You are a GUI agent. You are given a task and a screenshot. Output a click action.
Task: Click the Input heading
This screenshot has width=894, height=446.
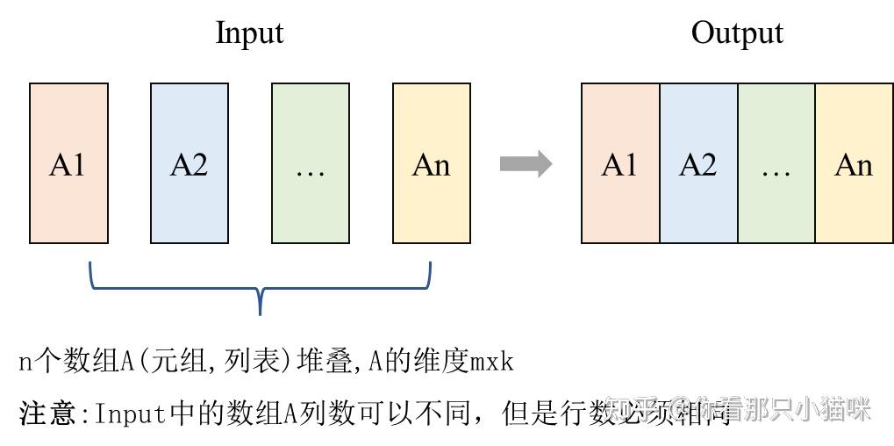click(x=249, y=33)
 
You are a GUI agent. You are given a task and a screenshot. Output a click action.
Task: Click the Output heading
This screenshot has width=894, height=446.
click(x=737, y=33)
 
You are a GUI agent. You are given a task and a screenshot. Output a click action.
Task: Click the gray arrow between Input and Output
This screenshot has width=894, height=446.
click(x=526, y=163)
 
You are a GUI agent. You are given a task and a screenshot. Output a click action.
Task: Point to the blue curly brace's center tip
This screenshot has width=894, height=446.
click(x=261, y=309)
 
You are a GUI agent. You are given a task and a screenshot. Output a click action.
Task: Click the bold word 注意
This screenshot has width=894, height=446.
click(x=46, y=412)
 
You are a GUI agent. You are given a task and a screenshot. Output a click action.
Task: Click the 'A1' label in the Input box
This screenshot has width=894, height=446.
click(x=68, y=164)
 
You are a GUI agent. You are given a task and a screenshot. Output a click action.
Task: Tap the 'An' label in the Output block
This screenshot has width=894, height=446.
click(x=854, y=164)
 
